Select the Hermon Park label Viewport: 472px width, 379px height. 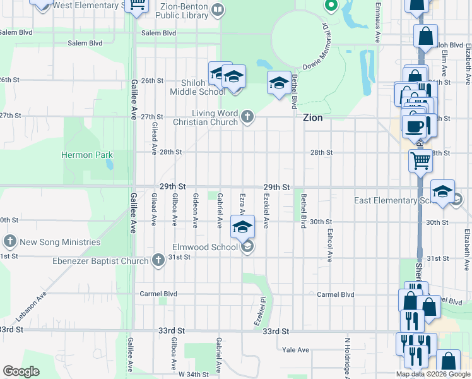click(x=86, y=155)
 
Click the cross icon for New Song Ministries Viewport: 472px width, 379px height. click(x=9, y=241)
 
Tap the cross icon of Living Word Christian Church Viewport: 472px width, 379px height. click(x=247, y=116)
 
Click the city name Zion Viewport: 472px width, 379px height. click(x=312, y=117)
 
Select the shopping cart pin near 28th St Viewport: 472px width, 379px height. click(x=420, y=160)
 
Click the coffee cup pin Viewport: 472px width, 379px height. click(x=415, y=125)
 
